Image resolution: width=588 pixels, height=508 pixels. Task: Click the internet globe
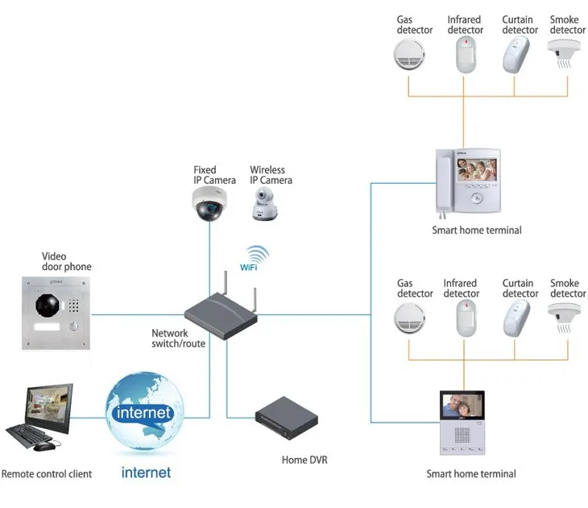pos(145,413)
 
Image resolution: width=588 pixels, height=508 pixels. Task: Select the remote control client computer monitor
pos(47,406)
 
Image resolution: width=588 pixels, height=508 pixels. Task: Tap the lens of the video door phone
pos(48,306)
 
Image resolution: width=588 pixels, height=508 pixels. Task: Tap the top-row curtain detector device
pos(516,55)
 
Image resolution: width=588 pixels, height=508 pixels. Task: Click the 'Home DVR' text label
pos(304,460)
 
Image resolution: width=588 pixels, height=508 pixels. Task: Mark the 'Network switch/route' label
pos(178,339)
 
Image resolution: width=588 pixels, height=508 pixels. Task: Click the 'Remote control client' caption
pos(47,474)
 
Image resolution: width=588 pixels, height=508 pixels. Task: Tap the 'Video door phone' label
pos(67,262)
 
